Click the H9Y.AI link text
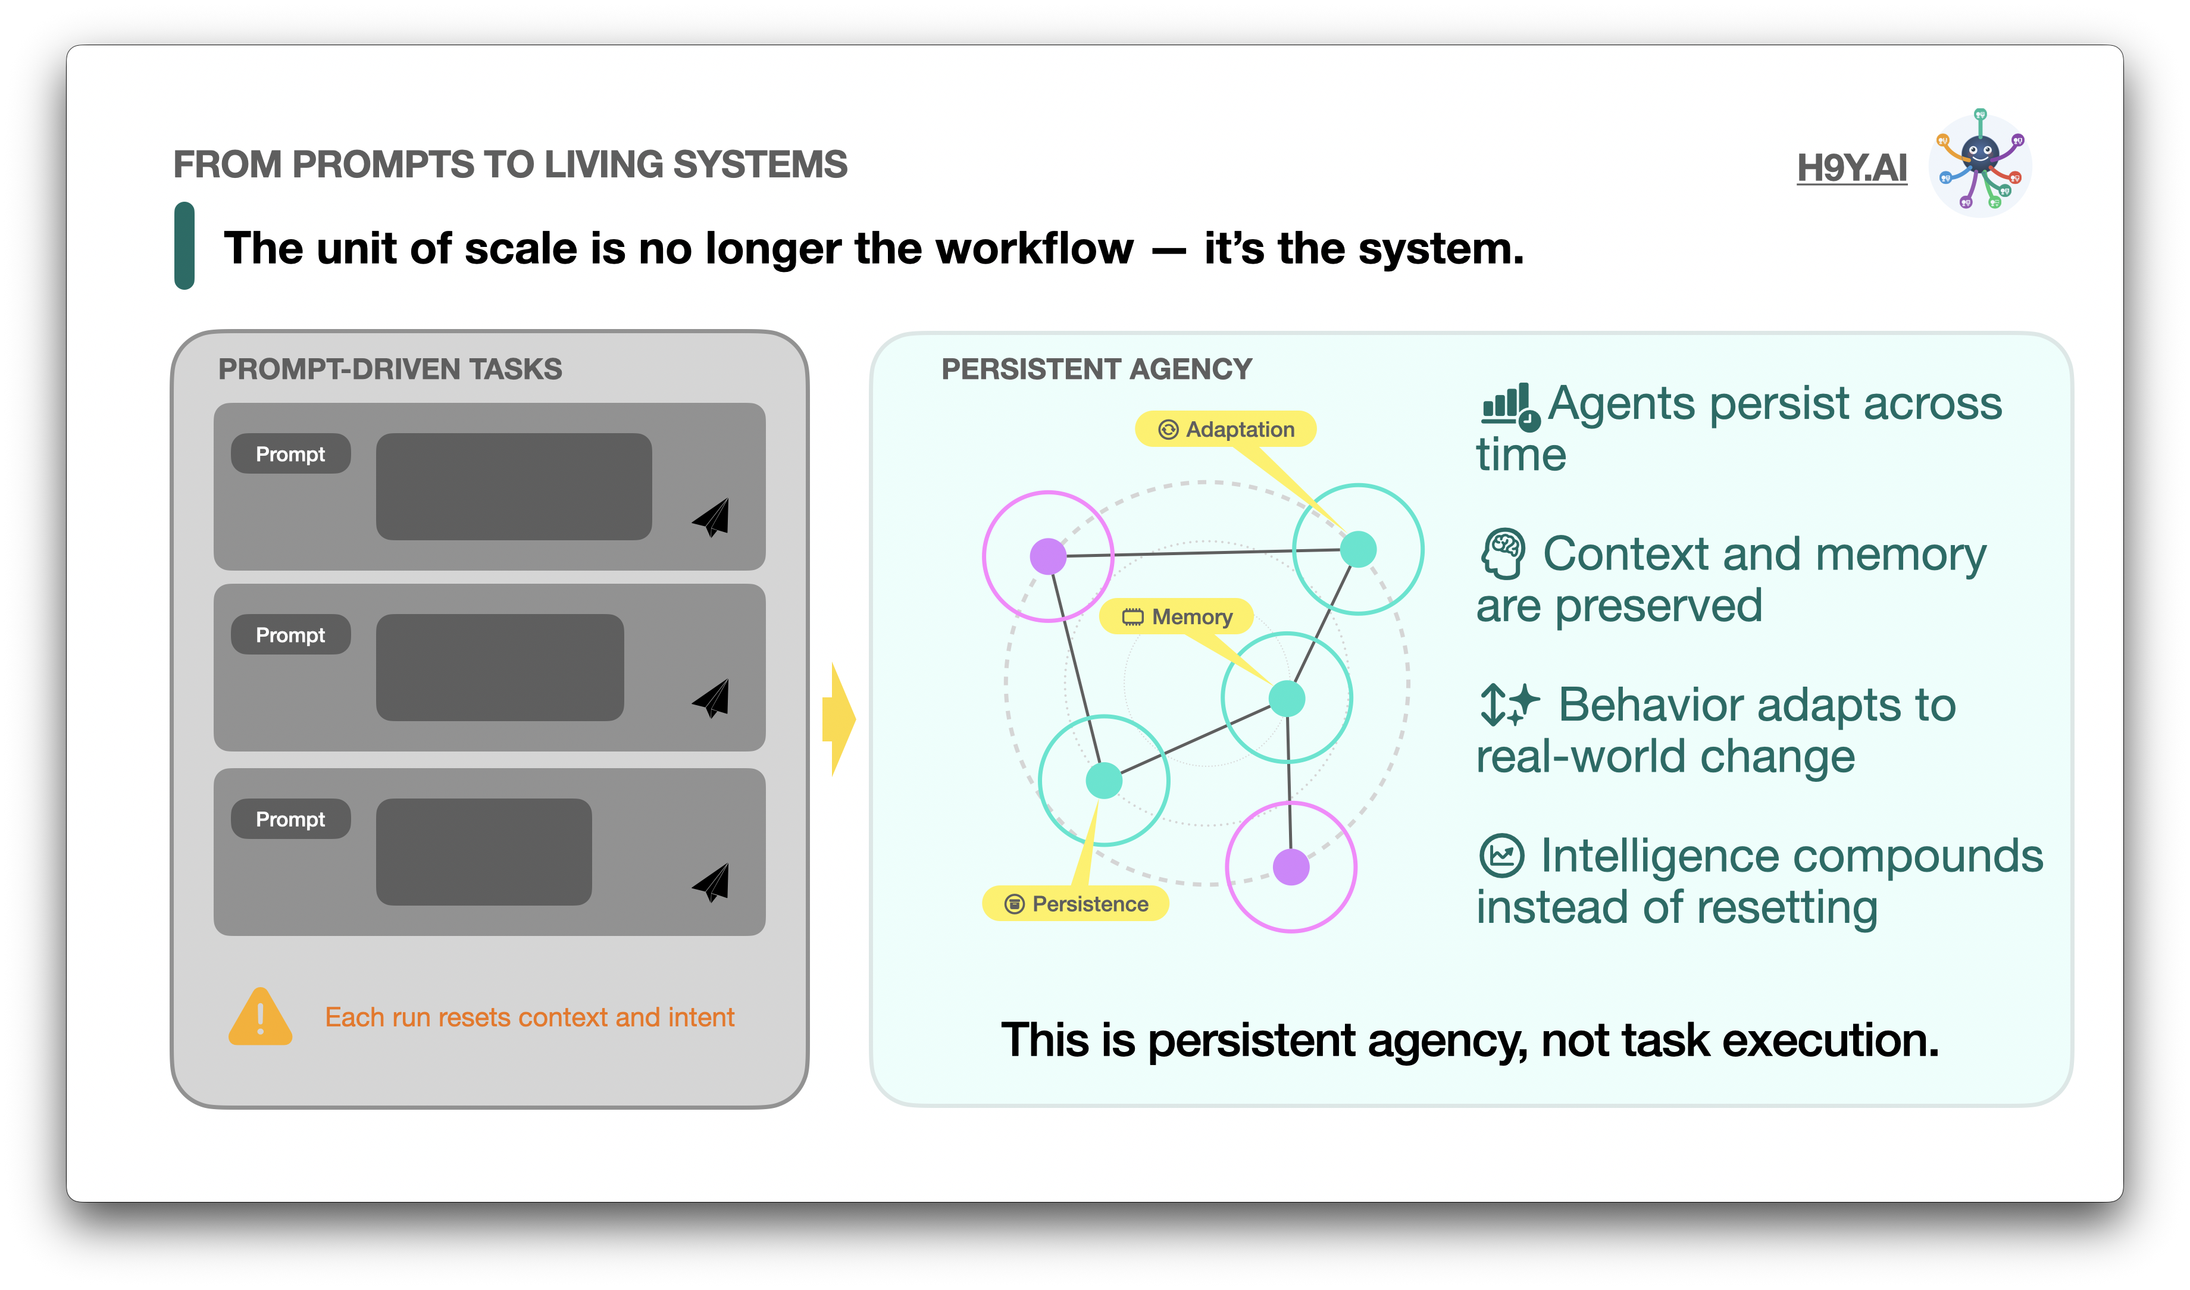coord(1852,168)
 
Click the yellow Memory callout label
coord(1177,617)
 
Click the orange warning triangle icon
coord(260,1017)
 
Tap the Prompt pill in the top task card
coord(290,454)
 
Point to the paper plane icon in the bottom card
coord(712,882)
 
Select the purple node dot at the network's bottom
coord(1291,867)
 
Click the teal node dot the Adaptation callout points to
coord(1358,549)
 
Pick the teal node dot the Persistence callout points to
coord(1104,779)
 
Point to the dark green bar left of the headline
coord(184,246)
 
